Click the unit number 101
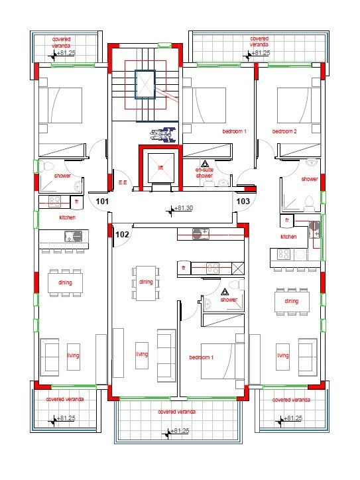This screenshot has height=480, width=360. click(101, 200)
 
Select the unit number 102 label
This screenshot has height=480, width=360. click(122, 234)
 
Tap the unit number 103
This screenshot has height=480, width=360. click(243, 200)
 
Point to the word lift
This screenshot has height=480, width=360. click(160, 168)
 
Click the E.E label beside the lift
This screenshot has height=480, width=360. click(122, 182)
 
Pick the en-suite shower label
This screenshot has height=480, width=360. click(204, 173)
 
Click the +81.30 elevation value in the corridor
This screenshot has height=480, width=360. click(183, 208)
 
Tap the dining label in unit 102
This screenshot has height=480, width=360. click(145, 282)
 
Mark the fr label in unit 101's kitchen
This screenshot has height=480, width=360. click(76, 201)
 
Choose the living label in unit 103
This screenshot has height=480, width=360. click(283, 355)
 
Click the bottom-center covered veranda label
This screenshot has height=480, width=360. click(176, 412)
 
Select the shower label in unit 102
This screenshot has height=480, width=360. click(229, 300)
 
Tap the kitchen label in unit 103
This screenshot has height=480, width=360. click(288, 236)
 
